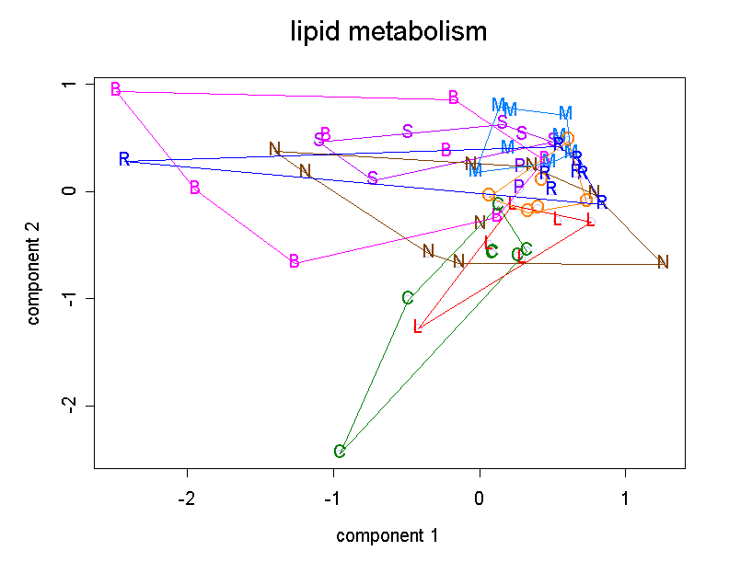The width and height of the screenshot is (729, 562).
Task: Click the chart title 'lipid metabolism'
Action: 388,33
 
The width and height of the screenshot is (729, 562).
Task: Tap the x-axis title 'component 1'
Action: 387,535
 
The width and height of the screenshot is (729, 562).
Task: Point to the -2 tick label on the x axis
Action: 187,498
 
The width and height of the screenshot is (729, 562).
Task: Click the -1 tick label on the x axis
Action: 333,498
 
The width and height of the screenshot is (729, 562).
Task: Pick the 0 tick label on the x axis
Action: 480,498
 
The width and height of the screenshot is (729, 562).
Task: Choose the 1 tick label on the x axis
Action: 626,498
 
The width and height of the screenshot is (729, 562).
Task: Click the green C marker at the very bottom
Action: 340,451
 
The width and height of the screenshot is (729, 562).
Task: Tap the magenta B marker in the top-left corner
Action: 116,89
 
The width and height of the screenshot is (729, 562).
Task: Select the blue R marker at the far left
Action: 124,159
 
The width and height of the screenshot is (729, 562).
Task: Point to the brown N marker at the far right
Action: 663,262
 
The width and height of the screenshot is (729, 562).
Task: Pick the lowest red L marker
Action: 418,327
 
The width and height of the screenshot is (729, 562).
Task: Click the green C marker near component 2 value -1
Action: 408,298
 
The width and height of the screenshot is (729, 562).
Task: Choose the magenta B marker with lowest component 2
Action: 295,261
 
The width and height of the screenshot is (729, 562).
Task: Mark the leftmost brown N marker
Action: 274,149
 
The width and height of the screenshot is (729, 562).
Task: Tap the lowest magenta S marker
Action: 373,178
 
